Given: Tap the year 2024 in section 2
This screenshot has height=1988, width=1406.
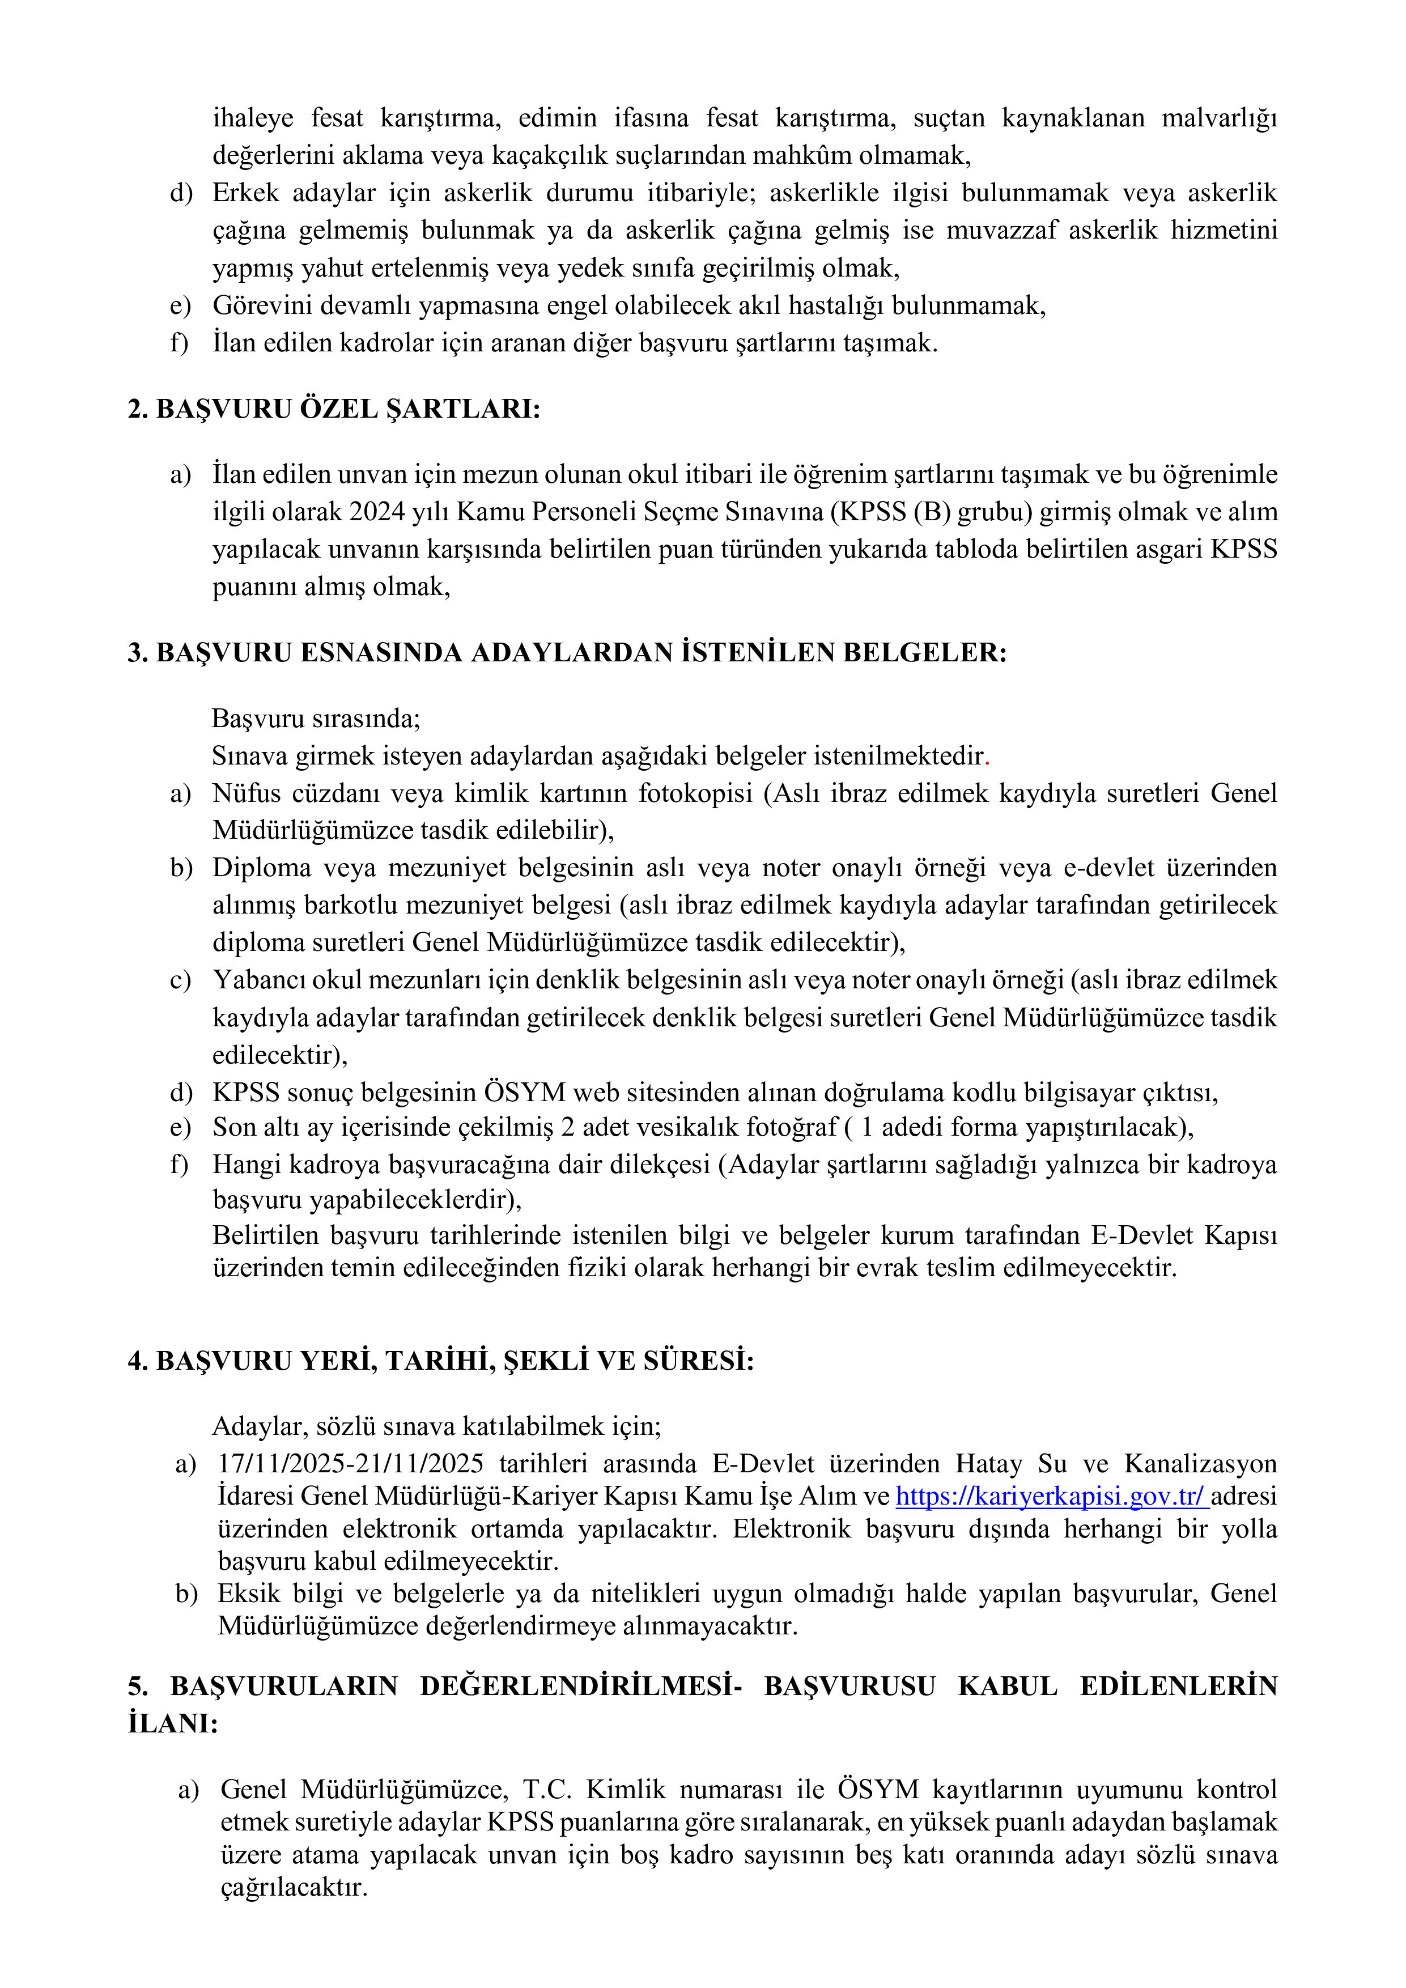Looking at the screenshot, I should click(x=377, y=512).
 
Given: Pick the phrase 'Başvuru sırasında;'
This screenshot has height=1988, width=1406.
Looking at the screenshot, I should click(x=316, y=719).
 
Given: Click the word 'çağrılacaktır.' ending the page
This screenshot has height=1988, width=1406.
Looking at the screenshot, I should click(x=294, y=1888).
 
